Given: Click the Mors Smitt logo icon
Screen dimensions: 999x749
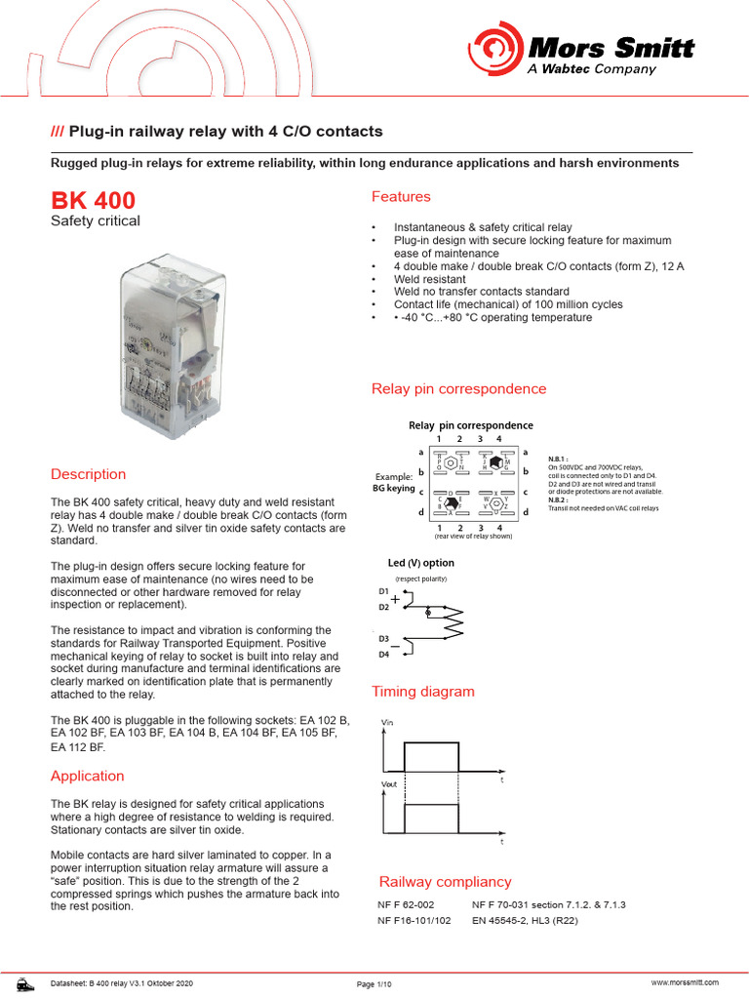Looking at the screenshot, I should click(x=496, y=50).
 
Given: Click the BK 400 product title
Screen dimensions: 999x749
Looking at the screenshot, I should click(x=94, y=201).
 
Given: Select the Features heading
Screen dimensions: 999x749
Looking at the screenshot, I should click(x=401, y=197).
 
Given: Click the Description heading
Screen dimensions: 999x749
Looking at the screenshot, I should click(x=88, y=474).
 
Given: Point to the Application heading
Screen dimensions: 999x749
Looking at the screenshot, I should click(x=88, y=776).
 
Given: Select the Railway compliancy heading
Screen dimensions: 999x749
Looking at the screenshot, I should click(x=445, y=882).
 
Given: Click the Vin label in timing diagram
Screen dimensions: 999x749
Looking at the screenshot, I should click(x=386, y=721).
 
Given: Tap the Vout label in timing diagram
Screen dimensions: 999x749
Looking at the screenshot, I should click(x=388, y=783).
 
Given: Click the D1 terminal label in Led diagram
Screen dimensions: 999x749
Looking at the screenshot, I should click(x=383, y=592).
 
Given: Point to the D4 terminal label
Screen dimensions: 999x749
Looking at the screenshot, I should click(x=383, y=655).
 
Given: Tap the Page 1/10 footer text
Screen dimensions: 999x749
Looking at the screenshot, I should click(x=374, y=984).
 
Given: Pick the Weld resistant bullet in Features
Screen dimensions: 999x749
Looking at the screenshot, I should click(x=429, y=279).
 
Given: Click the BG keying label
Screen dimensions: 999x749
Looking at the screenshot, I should click(x=394, y=488).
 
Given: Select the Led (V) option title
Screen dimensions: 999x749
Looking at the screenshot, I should click(x=421, y=563).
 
